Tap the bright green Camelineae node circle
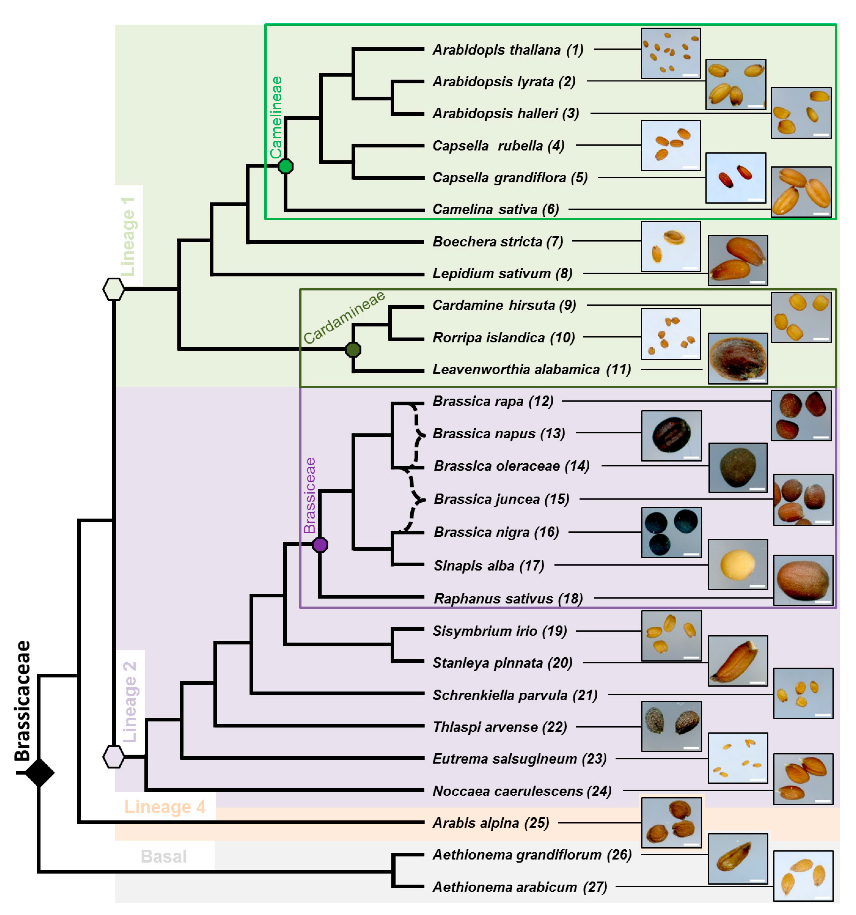[x=286, y=166]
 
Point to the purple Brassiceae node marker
[x=320, y=544]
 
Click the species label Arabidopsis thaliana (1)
[x=508, y=50]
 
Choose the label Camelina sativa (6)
[x=495, y=209]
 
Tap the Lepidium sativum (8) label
[x=502, y=273]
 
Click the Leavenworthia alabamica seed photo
[x=738, y=358]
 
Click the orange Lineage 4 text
[x=165, y=807]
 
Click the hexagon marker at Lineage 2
[x=113, y=756]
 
